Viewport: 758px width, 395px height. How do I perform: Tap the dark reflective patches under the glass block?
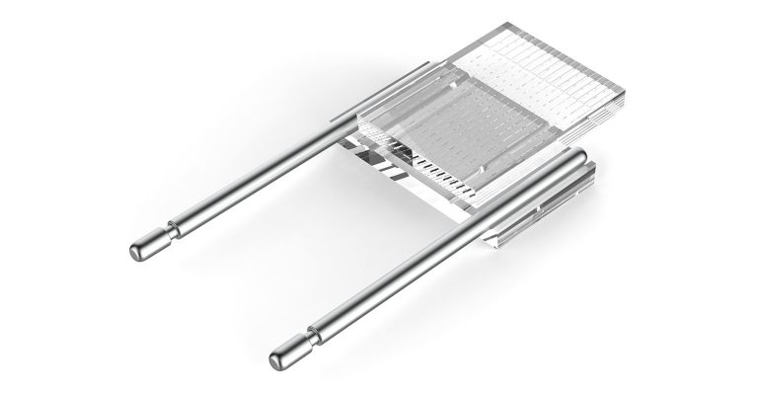click(375, 158)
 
